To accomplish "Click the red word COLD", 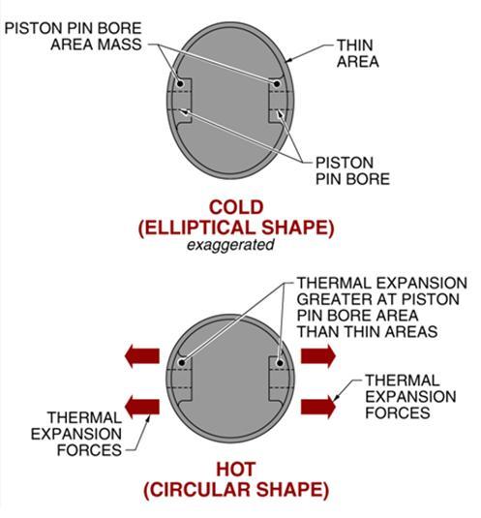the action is pyautogui.click(x=236, y=207).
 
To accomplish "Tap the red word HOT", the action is pyautogui.click(x=236, y=470).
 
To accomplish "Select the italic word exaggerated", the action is pyautogui.click(x=230, y=245).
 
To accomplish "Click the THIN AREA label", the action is pyautogui.click(x=357, y=53).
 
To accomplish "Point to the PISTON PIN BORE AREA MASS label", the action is pyautogui.click(x=74, y=37).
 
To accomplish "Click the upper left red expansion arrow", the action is pyautogui.click(x=142, y=355).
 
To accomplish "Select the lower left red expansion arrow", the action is pyautogui.click(x=142, y=407).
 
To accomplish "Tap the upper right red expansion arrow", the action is pyautogui.click(x=318, y=355).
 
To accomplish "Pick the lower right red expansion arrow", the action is pyautogui.click(x=318, y=407).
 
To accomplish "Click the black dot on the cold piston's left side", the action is pyautogui.click(x=180, y=83).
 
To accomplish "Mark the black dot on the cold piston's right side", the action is pyautogui.click(x=277, y=84).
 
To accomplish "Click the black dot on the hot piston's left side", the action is pyautogui.click(x=182, y=362).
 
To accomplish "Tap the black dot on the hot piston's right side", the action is pyautogui.click(x=280, y=363).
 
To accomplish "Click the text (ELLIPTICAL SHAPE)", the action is pyautogui.click(x=236, y=228).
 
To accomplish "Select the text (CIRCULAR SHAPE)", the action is pyautogui.click(x=236, y=490).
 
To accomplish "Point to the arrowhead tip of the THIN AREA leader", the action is pyautogui.click(x=286, y=62).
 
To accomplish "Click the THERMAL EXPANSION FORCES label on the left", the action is pyautogui.click(x=76, y=434).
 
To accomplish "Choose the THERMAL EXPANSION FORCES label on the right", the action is pyautogui.click(x=410, y=396).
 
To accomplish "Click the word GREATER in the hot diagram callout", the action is pyautogui.click(x=327, y=299).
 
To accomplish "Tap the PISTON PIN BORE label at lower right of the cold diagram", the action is pyautogui.click(x=352, y=170).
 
